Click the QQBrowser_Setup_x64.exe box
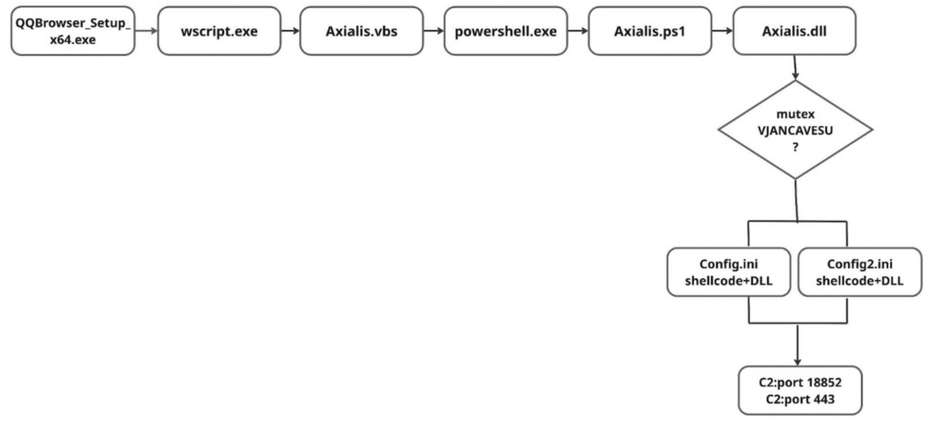(x=73, y=31)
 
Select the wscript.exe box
(x=220, y=31)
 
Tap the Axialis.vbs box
(x=361, y=31)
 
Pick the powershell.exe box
(x=505, y=31)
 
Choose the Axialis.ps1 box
(x=650, y=31)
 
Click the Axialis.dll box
(x=794, y=31)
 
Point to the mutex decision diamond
(x=795, y=129)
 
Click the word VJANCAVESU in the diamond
(x=795, y=130)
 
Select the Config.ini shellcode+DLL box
(x=727, y=272)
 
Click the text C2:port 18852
(x=800, y=383)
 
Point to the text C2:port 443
(x=800, y=398)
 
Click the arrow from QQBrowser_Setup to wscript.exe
(x=147, y=31)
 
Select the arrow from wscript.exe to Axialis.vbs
(x=290, y=31)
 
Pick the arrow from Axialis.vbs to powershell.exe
(x=434, y=31)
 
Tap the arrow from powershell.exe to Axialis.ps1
(x=578, y=31)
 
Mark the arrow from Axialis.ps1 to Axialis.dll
(x=723, y=31)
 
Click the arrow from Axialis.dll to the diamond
(x=795, y=68)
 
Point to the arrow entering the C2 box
(x=797, y=344)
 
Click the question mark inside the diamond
(x=795, y=146)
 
